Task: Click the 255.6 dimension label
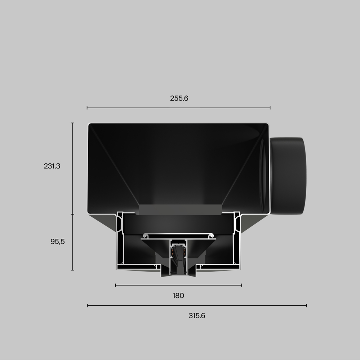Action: tap(179, 98)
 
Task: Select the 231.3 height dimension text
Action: tap(52, 166)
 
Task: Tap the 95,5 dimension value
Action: tap(58, 242)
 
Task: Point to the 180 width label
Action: tap(178, 296)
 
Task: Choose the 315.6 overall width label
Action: tap(197, 316)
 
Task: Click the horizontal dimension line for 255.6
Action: tap(179, 108)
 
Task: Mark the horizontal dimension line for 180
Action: tap(178, 285)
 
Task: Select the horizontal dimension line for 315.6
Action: tap(197, 305)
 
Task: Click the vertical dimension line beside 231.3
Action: tap(72, 168)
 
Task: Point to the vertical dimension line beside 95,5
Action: tap(72, 242)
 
